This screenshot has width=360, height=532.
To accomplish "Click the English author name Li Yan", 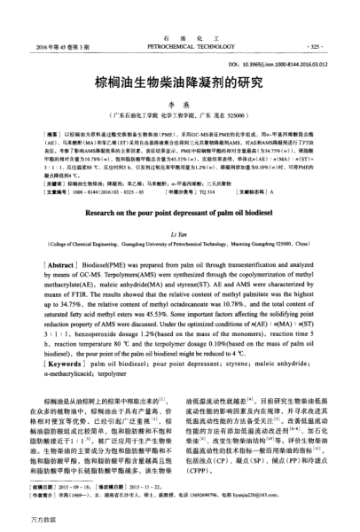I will point(180,228).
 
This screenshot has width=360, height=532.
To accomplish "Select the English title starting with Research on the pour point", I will point(180,213).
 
